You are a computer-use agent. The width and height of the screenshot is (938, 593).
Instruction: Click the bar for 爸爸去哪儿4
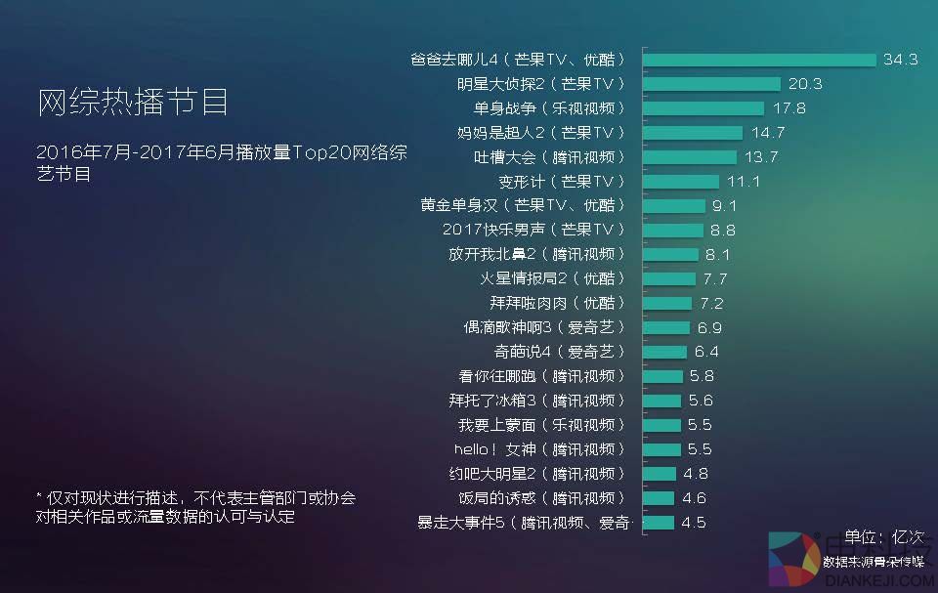point(759,60)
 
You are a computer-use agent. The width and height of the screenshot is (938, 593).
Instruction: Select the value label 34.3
point(900,60)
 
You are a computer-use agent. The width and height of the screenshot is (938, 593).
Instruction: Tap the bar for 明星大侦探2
point(711,84)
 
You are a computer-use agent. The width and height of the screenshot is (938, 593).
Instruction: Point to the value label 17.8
point(789,108)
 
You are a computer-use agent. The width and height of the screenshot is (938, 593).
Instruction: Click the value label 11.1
point(744,182)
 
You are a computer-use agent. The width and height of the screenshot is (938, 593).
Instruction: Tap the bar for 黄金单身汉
point(674,206)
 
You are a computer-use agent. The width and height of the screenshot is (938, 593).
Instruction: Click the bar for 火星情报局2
point(669,278)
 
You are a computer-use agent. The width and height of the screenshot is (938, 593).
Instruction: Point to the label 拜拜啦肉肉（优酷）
point(556,303)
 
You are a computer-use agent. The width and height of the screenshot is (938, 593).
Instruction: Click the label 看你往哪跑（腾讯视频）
point(540,376)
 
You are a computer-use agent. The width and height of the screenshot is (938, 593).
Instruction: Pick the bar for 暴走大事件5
point(659,523)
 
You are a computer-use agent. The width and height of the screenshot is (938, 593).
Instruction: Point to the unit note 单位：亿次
point(883,536)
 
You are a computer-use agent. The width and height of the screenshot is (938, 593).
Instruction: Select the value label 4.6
point(695,498)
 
